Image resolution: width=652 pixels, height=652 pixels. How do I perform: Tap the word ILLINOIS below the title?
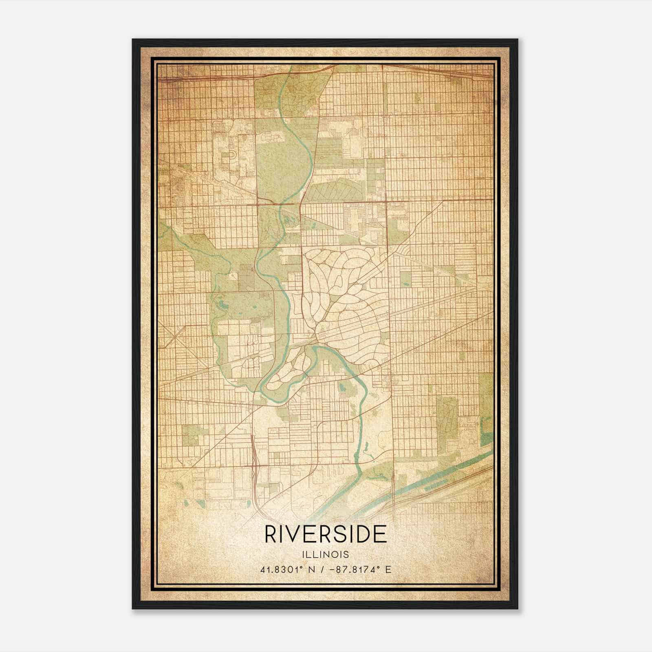click(x=326, y=554)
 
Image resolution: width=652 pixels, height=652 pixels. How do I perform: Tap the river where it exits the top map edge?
click(x=289, y=67)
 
